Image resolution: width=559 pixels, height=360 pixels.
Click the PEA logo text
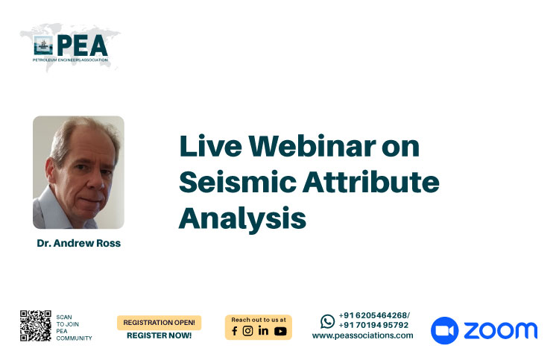click(82, 45)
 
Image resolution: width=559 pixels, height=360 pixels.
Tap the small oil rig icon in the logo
click(43, 45)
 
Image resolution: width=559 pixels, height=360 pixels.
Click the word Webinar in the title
click(312, 146)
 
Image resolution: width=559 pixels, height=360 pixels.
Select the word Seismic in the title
click(238, 182)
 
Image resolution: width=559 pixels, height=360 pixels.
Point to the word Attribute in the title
click(371, 182)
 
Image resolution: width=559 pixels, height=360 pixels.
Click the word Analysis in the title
click(242, 218)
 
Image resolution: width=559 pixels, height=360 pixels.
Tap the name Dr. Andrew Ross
click(79, 243)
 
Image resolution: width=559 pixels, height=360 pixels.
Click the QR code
click(36, 326)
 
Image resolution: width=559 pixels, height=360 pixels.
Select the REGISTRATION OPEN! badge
click(159, 323)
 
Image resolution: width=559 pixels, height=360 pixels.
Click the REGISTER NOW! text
click(159, 335)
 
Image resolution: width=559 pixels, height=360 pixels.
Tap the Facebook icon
click(235, 331)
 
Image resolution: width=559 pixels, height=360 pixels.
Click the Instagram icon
click(247, 331)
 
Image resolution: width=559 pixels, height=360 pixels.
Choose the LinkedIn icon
click(263, 331)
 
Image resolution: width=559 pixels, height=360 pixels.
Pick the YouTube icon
click(280, 332)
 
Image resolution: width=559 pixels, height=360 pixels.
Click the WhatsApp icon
click(328, 321)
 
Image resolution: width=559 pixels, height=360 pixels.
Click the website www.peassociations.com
click(362, 335)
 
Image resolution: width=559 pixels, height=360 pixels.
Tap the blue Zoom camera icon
click(444, 330)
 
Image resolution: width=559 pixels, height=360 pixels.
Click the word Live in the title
click(211, 146)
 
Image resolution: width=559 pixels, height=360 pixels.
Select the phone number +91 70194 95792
click(373, 325)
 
